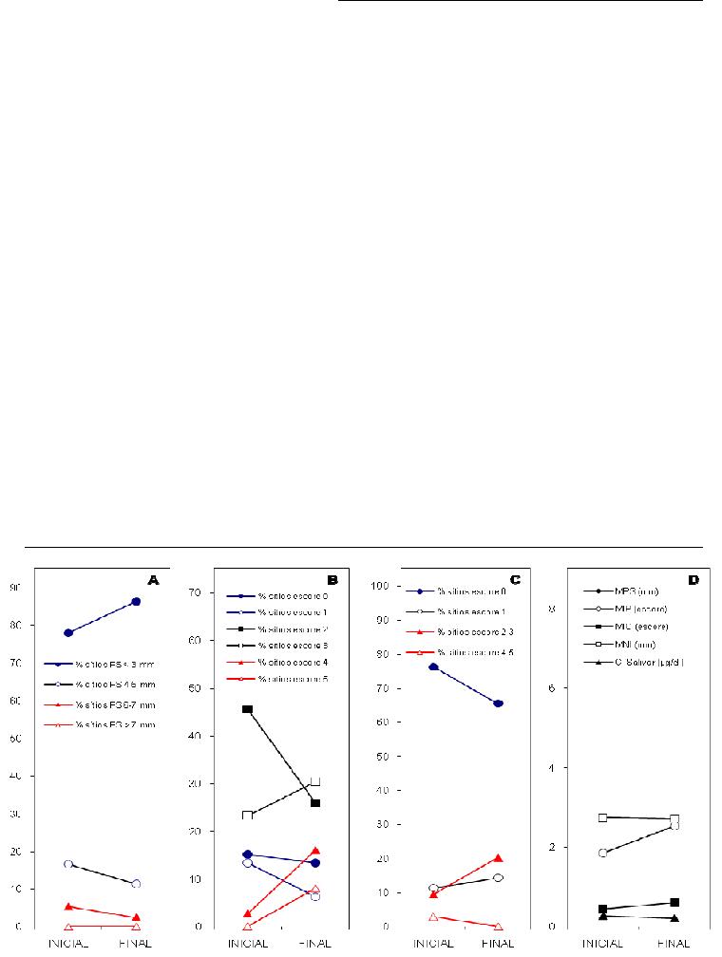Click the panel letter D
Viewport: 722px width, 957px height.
(x=693, y=578)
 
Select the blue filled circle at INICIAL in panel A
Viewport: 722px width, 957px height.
(x=68, y=632)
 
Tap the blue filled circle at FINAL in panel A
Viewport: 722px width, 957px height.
(x=136, y=602)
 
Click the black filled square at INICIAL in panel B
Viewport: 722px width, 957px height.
(x=247, y=709)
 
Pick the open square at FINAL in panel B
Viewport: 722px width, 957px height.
(x=315, y=782)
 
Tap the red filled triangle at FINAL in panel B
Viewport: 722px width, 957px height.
(x=315, y=851)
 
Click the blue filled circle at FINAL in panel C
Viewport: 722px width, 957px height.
(x=498, y=704)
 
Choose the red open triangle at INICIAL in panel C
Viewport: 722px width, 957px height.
(x=433, y=917)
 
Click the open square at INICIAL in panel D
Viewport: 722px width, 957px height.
(x=602, y=817)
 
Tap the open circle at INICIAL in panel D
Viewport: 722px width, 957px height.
(x=602, y=853)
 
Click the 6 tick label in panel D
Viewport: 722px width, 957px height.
(x=551, y=687)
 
